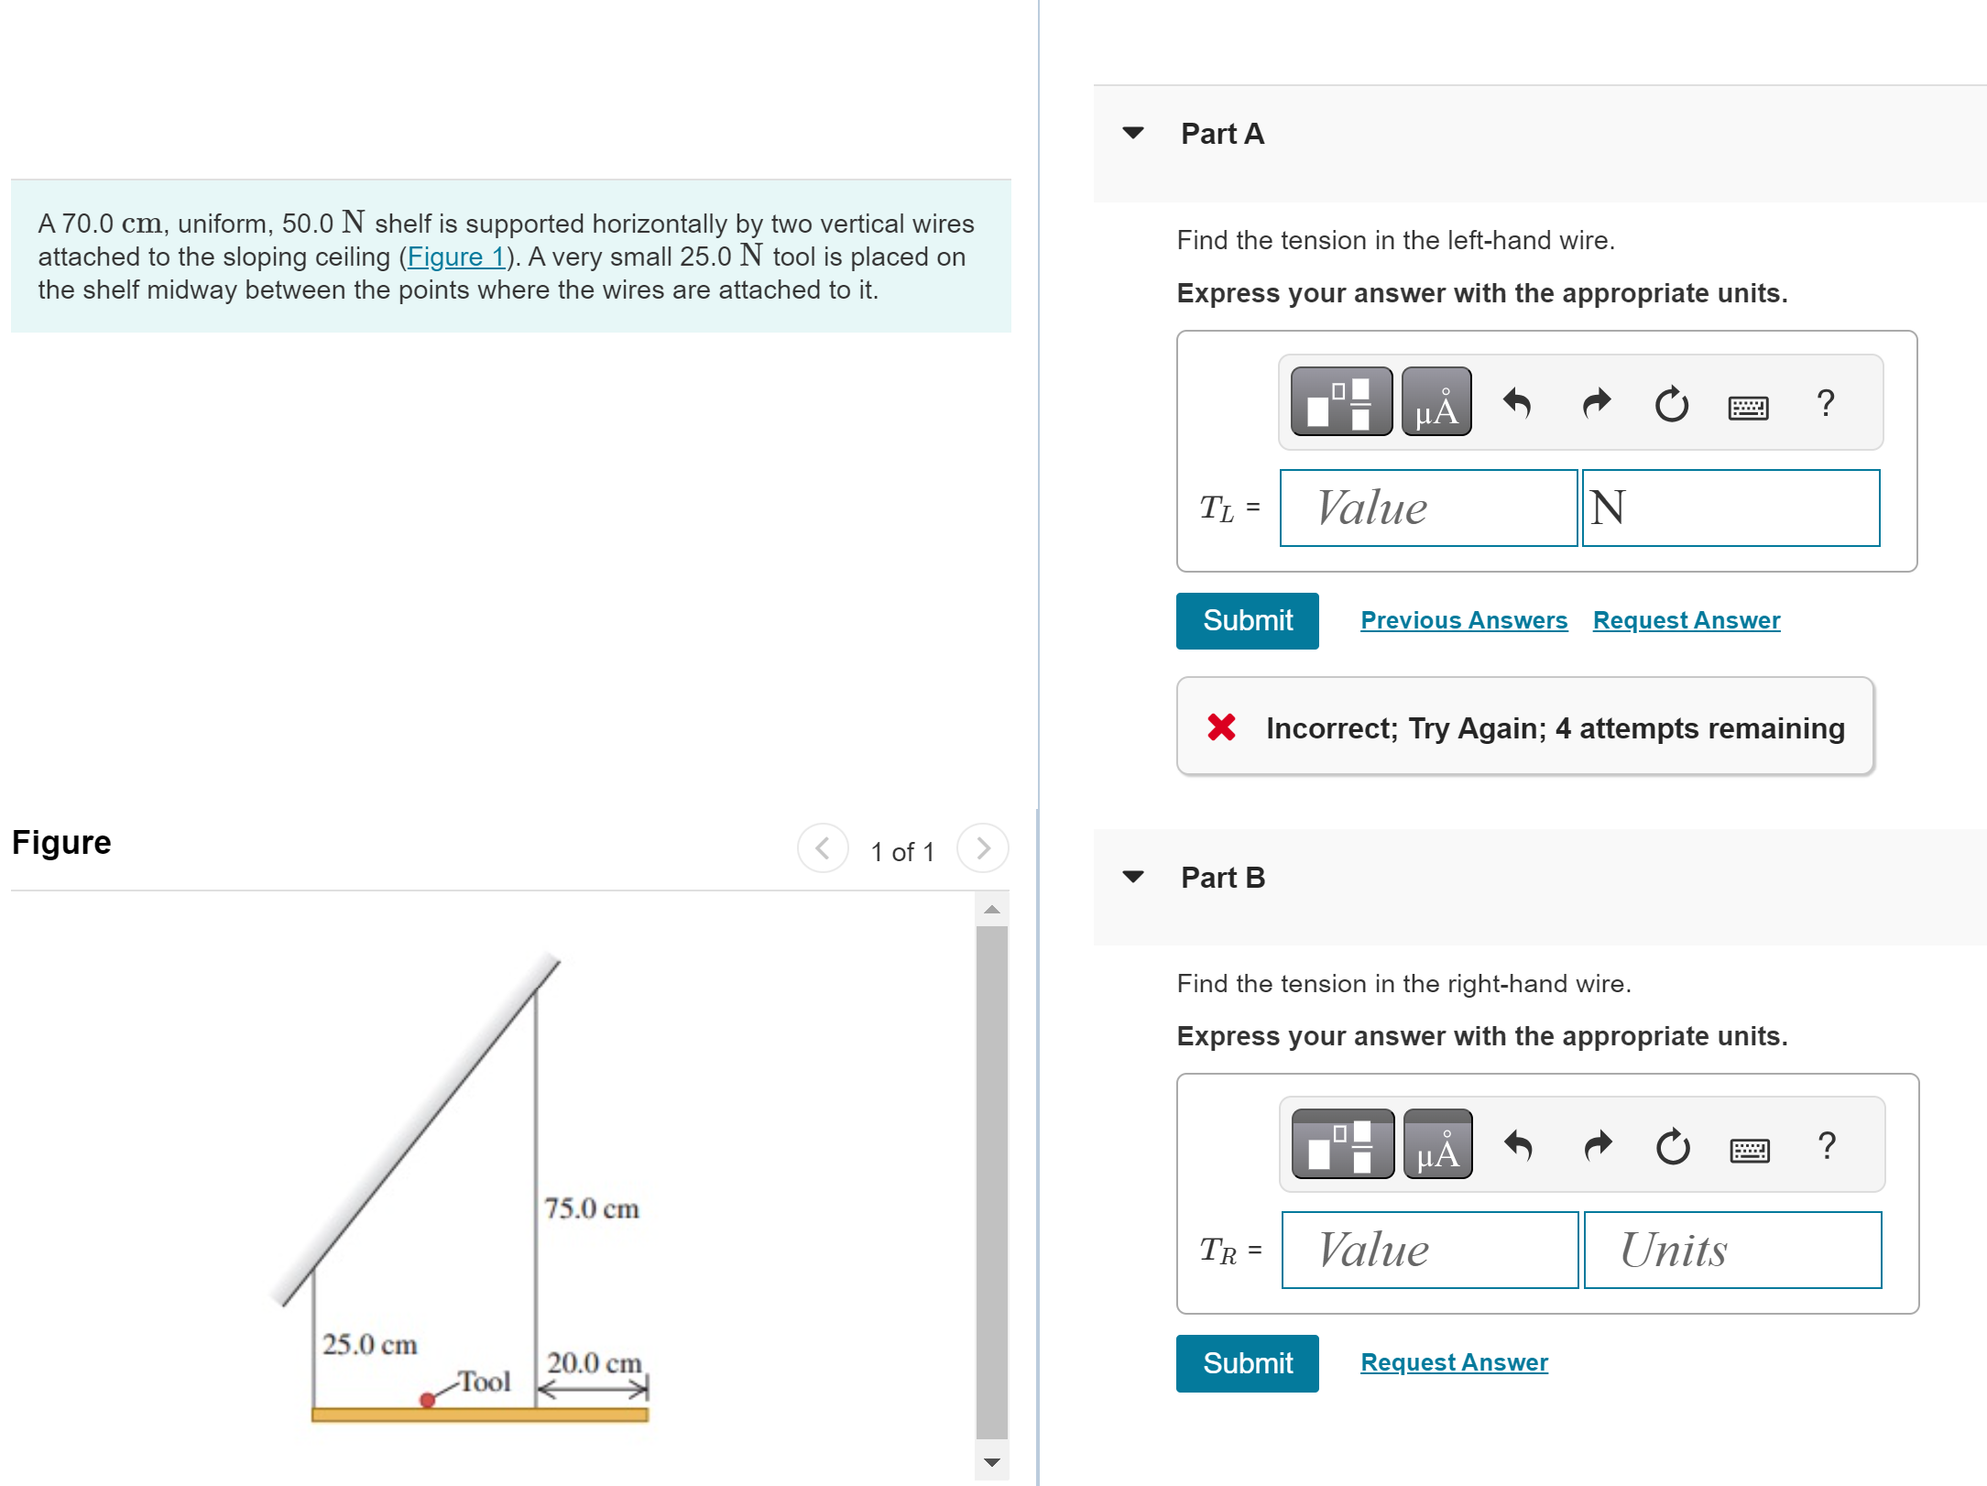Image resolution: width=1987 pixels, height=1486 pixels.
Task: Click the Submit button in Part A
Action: pyautogui.click(x=1246, y=620)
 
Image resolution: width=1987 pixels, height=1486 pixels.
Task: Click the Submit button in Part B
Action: pyautogui.click(x=1246, y=1362)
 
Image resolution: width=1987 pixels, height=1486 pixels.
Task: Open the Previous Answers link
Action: pyautogui.click(x=1463, y=620)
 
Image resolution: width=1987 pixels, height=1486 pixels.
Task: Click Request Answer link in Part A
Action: pyautogui.click(x=1686, y=620)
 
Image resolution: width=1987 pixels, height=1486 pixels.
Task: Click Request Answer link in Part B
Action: pyautogui.click(x=1454, y=1362)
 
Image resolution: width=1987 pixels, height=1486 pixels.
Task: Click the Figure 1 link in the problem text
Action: pyautogui.click(x=455, y=257)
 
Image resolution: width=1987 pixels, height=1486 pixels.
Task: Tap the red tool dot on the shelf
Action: pyautogui.click(x=427, y=1399)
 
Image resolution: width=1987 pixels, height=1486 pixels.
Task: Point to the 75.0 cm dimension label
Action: pyautogui.click(x=591, y=1208)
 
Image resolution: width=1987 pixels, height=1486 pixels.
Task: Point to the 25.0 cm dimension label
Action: pyautogui.click(x=369, y=1344)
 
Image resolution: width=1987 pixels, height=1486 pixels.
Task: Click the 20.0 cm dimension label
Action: pyautogui.click(x=594, y=1362)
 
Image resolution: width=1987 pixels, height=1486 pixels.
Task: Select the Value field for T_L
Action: pyautogui.click(x=1427, y=508)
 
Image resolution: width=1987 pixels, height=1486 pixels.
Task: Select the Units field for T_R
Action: pyautogui.click(x=1731, y=1250)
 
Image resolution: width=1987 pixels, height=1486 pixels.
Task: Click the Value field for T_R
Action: pyautogui.click(x=1429, y=1250)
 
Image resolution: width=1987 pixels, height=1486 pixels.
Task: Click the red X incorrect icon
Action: pyautogui.click(x=1221, y=727)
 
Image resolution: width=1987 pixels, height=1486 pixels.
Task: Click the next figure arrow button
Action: pyautogui.click(x=982, y=848)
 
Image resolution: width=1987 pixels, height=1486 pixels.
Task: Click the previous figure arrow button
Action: pyautogui.click(x=823, y=848)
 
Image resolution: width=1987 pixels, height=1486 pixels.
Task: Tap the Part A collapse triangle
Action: pyautogui.click(x=1133, y=134)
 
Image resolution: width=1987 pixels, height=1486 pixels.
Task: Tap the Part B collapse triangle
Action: pyautogui.click(x=1133, y=877)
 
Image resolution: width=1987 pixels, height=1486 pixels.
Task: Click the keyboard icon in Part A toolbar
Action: pyautogui.click(x=1747, y=405)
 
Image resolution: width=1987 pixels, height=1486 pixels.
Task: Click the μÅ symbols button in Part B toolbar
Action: pyautogui.click(x=1437, y=1145)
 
